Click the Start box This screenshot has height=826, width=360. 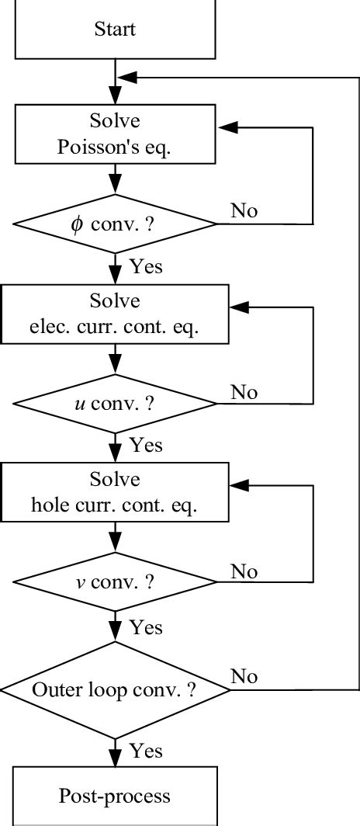point(115,30)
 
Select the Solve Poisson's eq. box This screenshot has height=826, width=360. point(115,135)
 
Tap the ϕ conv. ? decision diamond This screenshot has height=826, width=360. point(115,224)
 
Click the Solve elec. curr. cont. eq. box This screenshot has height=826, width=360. point(115,314)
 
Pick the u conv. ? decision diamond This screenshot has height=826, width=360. point(115,404)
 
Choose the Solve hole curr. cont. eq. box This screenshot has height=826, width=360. point(115,492)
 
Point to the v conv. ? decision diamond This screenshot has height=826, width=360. point(115,582)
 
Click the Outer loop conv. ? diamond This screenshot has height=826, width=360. point(115,689)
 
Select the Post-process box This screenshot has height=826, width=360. point(115,796)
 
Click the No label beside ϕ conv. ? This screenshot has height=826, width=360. point(244,211)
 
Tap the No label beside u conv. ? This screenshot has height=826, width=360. point(244,393)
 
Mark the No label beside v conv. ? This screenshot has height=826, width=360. point(244,572)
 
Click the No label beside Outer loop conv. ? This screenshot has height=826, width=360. point(244,676)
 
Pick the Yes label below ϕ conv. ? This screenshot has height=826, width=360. point(146,266)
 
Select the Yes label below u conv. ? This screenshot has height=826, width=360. point(146,445)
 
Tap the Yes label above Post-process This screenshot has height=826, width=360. point(146,751)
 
